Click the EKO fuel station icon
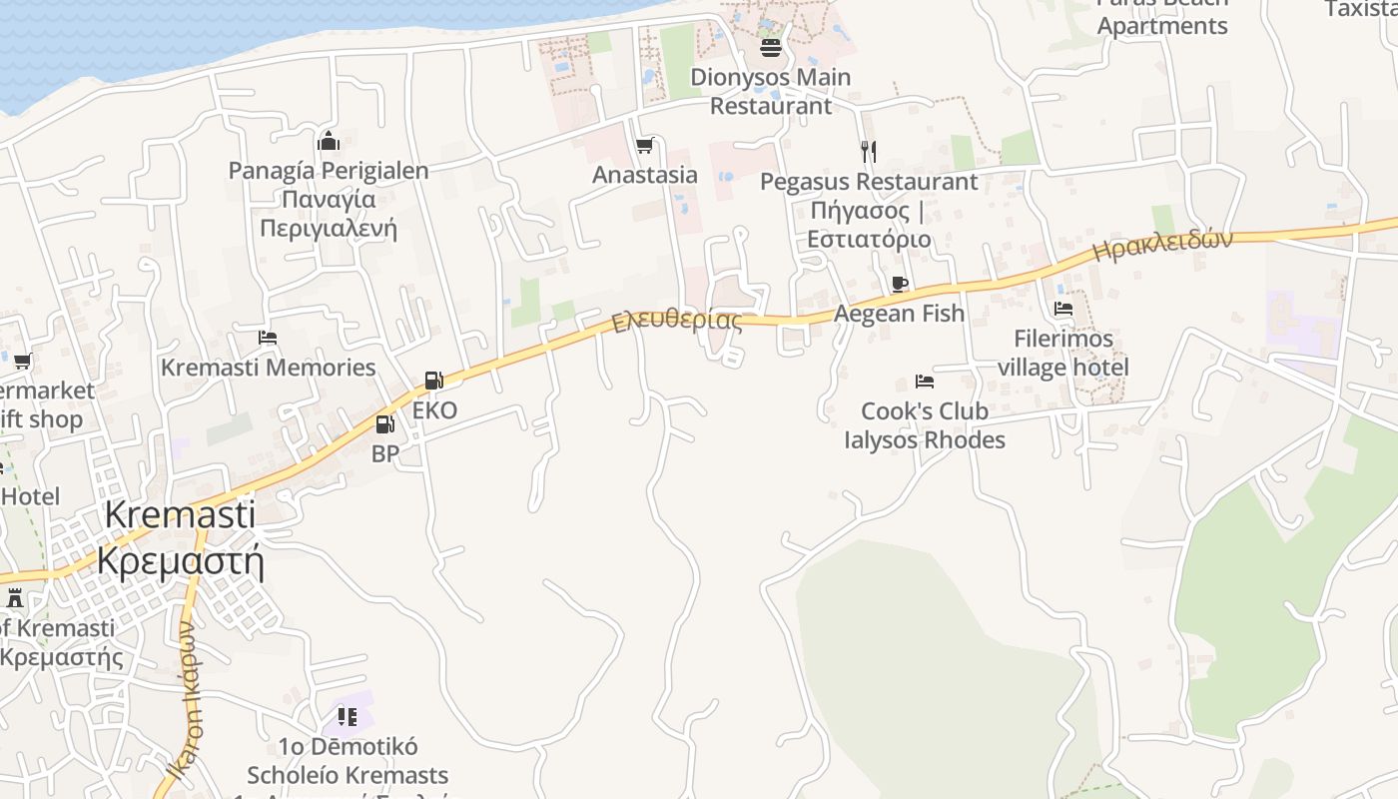(433, 381)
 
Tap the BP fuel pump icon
(384, 424)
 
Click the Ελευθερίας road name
(677, 320)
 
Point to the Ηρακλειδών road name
(1162, 244)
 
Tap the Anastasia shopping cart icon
(644, 146)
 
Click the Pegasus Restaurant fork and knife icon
(869, 152)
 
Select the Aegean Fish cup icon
(899, 284)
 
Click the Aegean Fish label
(899, 314)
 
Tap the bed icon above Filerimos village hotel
(1063, 309)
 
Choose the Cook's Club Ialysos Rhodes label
(925, 425)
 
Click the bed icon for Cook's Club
(925, 381)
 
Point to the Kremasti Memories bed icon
(268, 338)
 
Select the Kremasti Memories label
(268, 368)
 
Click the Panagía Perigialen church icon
(329, 141)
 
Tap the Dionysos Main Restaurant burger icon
(770, 47)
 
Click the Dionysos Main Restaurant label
(770, 91)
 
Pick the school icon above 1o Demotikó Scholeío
(347, 716)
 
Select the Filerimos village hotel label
(1062, 353)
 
